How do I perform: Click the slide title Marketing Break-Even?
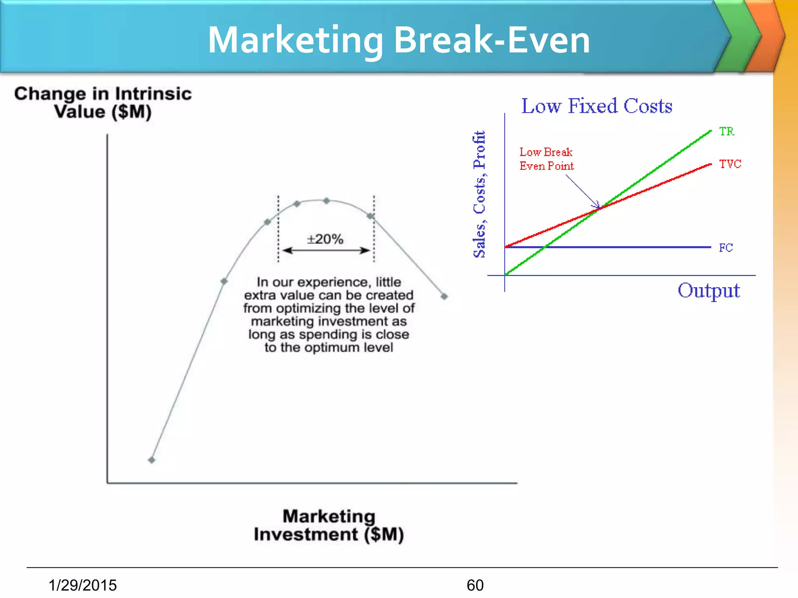coord(399,40)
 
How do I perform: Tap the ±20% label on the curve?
coord(325,239)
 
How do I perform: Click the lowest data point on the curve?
coord(152,460)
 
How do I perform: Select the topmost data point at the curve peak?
coord(327,201)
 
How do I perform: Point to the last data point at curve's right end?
coord(444,297)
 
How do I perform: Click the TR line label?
coord(727,132)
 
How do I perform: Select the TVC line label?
coord(730,164)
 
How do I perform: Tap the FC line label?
coord(726,248)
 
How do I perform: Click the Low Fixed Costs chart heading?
coord(597,106)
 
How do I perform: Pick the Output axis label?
coord(708,290)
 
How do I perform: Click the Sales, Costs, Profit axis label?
coord(480,194)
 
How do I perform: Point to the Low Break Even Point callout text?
coord(546,159)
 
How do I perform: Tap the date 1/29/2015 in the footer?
coord(83,585)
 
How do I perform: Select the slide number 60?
coord(475,585)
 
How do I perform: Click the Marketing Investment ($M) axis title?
coord(329,525)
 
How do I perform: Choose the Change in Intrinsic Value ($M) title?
coord(103,103)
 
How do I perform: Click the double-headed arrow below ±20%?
coord(326,250)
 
